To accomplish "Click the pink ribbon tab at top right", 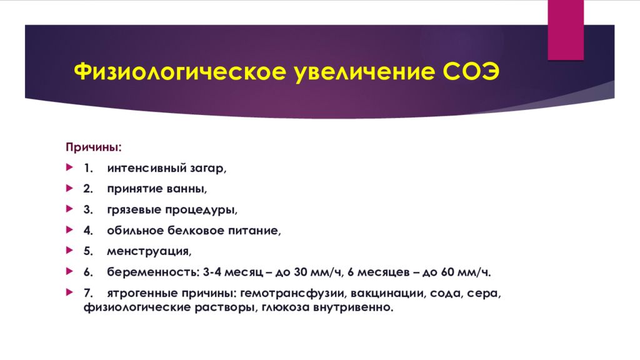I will [566, 29].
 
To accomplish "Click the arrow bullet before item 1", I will [69, 168].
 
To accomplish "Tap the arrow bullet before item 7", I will [69, 292].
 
